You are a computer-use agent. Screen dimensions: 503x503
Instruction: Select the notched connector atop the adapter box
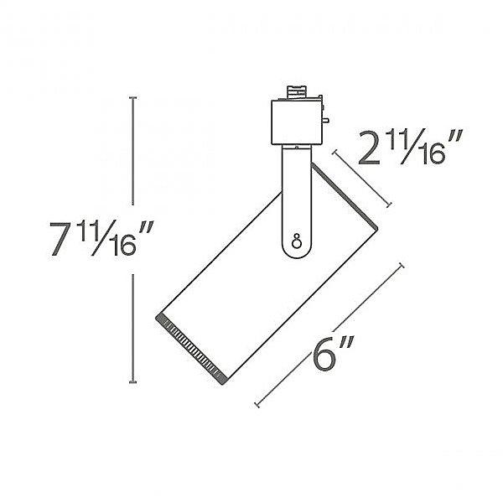tap(294, 93)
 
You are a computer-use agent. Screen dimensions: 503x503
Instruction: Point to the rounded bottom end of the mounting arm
tap(295, 251)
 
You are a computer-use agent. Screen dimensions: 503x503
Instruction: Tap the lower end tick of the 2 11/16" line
tap(389, 206)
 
